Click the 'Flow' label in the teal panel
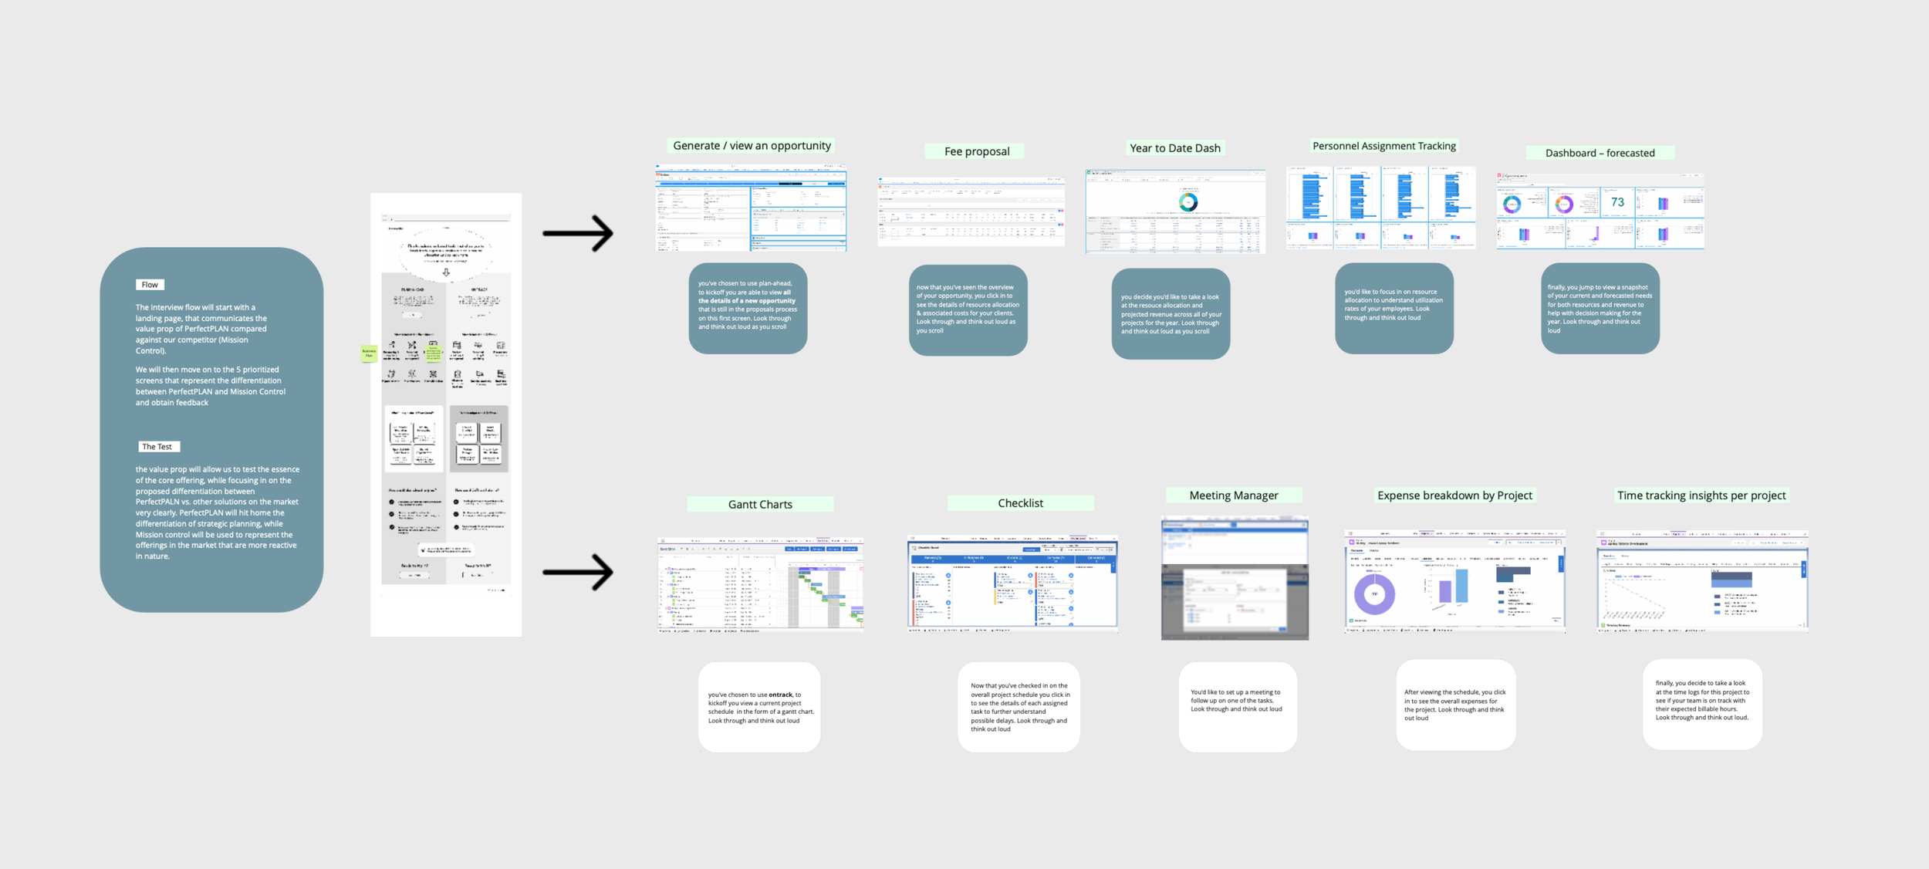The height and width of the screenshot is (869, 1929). pos(150,285)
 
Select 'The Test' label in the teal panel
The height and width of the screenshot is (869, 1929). pos(157,447)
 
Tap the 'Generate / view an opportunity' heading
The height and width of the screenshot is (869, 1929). pos(752,146)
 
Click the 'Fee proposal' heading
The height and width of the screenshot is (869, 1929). pos(977,151)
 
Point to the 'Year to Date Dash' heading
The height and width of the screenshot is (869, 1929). pos(1175,148)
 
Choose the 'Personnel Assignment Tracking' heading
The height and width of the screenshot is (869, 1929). pos(1384,146)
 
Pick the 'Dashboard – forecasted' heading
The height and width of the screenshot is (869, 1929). pos(1600,153)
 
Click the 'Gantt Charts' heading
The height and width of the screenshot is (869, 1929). pos(760,505)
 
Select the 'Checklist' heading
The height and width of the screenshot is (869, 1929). pos(1020,503)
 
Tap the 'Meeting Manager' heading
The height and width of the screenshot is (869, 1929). pos(1233,495)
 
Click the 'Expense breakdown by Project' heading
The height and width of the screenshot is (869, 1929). pos(1454,495)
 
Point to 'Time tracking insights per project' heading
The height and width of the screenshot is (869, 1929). pos(1701,495)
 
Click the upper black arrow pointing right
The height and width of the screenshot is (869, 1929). pos(578,233)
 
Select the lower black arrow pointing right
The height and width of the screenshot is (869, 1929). pos(578,573)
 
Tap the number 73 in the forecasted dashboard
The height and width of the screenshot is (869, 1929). pos(1617,202)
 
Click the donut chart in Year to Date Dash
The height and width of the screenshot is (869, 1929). pos(1188,202)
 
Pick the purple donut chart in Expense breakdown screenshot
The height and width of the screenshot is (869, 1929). pos(1374,594)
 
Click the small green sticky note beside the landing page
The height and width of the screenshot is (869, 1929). pos(369,353)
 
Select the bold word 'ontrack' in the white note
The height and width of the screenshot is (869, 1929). pos(780,695)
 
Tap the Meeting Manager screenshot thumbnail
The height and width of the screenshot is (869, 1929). pos(1235,578)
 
